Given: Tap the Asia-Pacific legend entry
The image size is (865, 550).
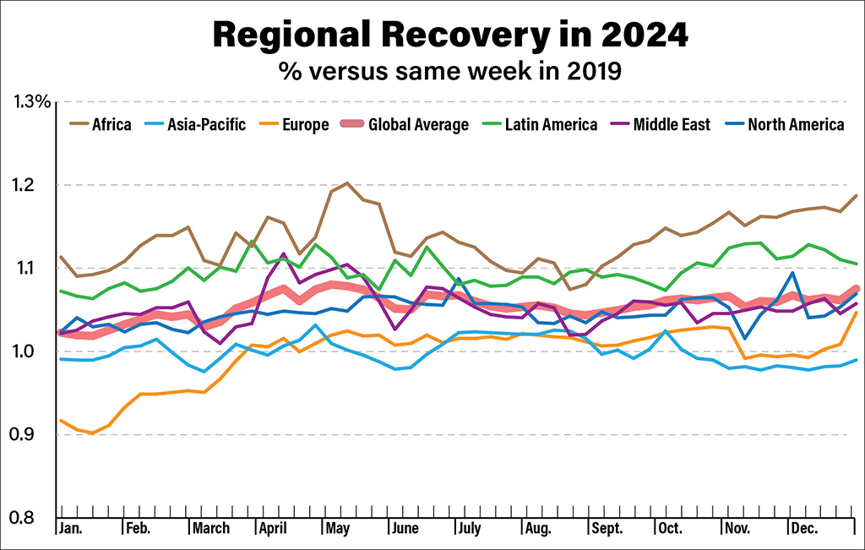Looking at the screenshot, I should [208, 125].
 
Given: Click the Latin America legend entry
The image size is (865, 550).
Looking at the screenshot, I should [551, 125].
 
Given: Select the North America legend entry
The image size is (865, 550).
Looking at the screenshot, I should [795, 125].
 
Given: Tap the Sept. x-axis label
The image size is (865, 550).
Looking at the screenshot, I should [606, 529].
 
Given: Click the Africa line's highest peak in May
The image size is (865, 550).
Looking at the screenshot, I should [346, 182].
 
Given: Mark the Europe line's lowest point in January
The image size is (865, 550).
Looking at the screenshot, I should [91, 433].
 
